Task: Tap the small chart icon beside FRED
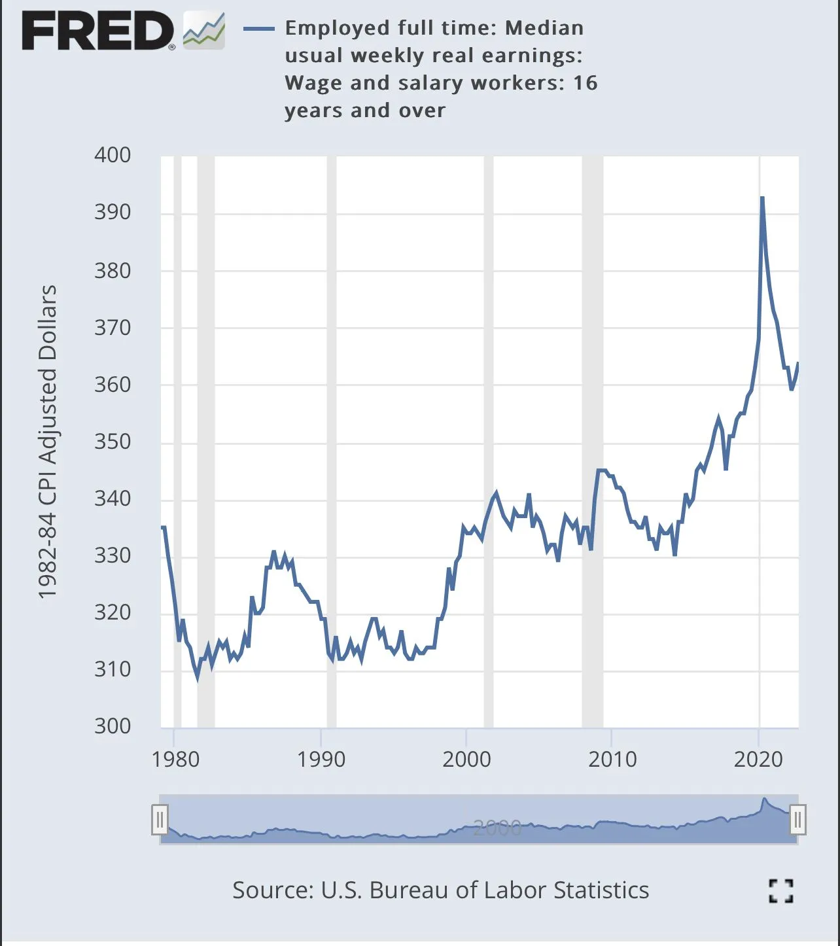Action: (x=204, y=31)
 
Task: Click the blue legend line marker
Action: (x=259, y=29)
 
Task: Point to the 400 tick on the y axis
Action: (x=113, y=155)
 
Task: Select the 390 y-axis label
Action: (x=113, y=212)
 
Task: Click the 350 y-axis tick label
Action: (x=113, y=442)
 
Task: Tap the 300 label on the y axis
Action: (x=113, y=726)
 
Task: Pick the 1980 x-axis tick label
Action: (x=175, y=760)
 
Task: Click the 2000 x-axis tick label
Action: (x=466, y=760)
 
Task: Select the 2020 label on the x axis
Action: (x=758, y=760)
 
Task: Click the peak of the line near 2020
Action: (x=762, y=198)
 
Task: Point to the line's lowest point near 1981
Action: (x=198, y=678)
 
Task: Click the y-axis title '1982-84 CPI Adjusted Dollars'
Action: (x=48, y=442)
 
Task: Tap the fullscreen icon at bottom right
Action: (x=780, y=890)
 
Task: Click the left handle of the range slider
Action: (x=160, y=819)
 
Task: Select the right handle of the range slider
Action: (x=797, y=819)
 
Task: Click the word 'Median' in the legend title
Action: (x=544, y=28)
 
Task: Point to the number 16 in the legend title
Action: (x=586, y=83)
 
